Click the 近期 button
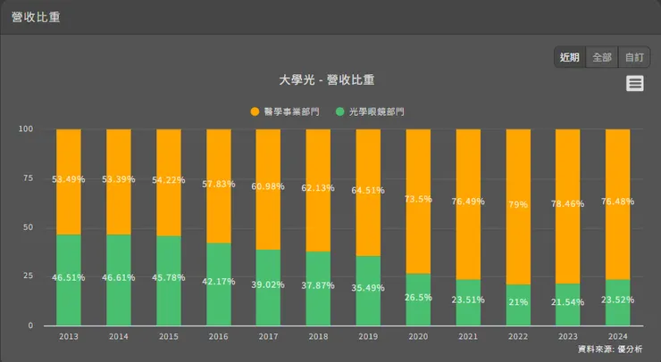click(570, 57)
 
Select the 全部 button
click(602, 57)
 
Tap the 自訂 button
click(634, 57)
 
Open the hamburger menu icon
click(635, 83)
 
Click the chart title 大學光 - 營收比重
click(330, 80)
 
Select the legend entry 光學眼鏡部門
click(370, 111)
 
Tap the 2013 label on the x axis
click(69, 337)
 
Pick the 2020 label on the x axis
click(418, 337)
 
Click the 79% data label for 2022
click(518, 204)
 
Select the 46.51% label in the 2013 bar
click(69, 277)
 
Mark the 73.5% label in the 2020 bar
click(418, 199)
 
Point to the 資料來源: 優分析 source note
click(609, 349)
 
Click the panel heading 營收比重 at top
click(36, 17)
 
